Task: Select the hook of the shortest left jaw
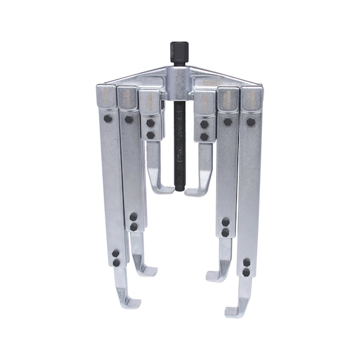pyautogui.click(x=160, y=188)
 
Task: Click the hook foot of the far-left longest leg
pyautogui.click(x=127, y=304)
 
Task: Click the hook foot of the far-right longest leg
pyautogui.click(x=236, y=307)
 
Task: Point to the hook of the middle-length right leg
pyautogui.click(x=216, y=272)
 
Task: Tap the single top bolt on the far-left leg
pyautogui.click(x=108, y=118)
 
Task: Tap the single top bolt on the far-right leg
pyautogui.click(x=251, y=122)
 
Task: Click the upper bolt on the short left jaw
pyautogui.click(x=151, y=123)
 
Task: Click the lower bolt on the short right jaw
pyautogui.click(x=204, y=136)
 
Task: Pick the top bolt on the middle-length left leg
pyautogui.click(x=129, y=119)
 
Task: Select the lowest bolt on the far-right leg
pyautogui.click(x=246, y=272)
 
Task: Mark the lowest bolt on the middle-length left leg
pyautogui.click(x=133, y=227)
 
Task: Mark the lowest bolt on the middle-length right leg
pyautogui.click(x=225, y=232)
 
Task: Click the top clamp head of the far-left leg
pyautogui.click(x=106, y=97)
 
